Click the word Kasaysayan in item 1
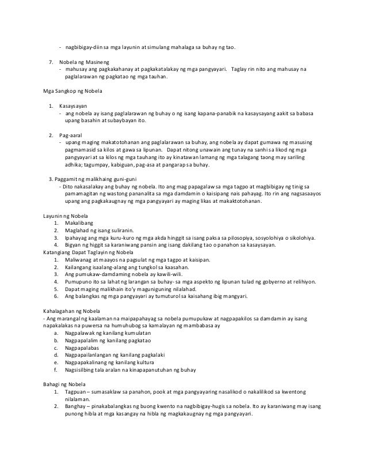(x=73, y=106)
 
